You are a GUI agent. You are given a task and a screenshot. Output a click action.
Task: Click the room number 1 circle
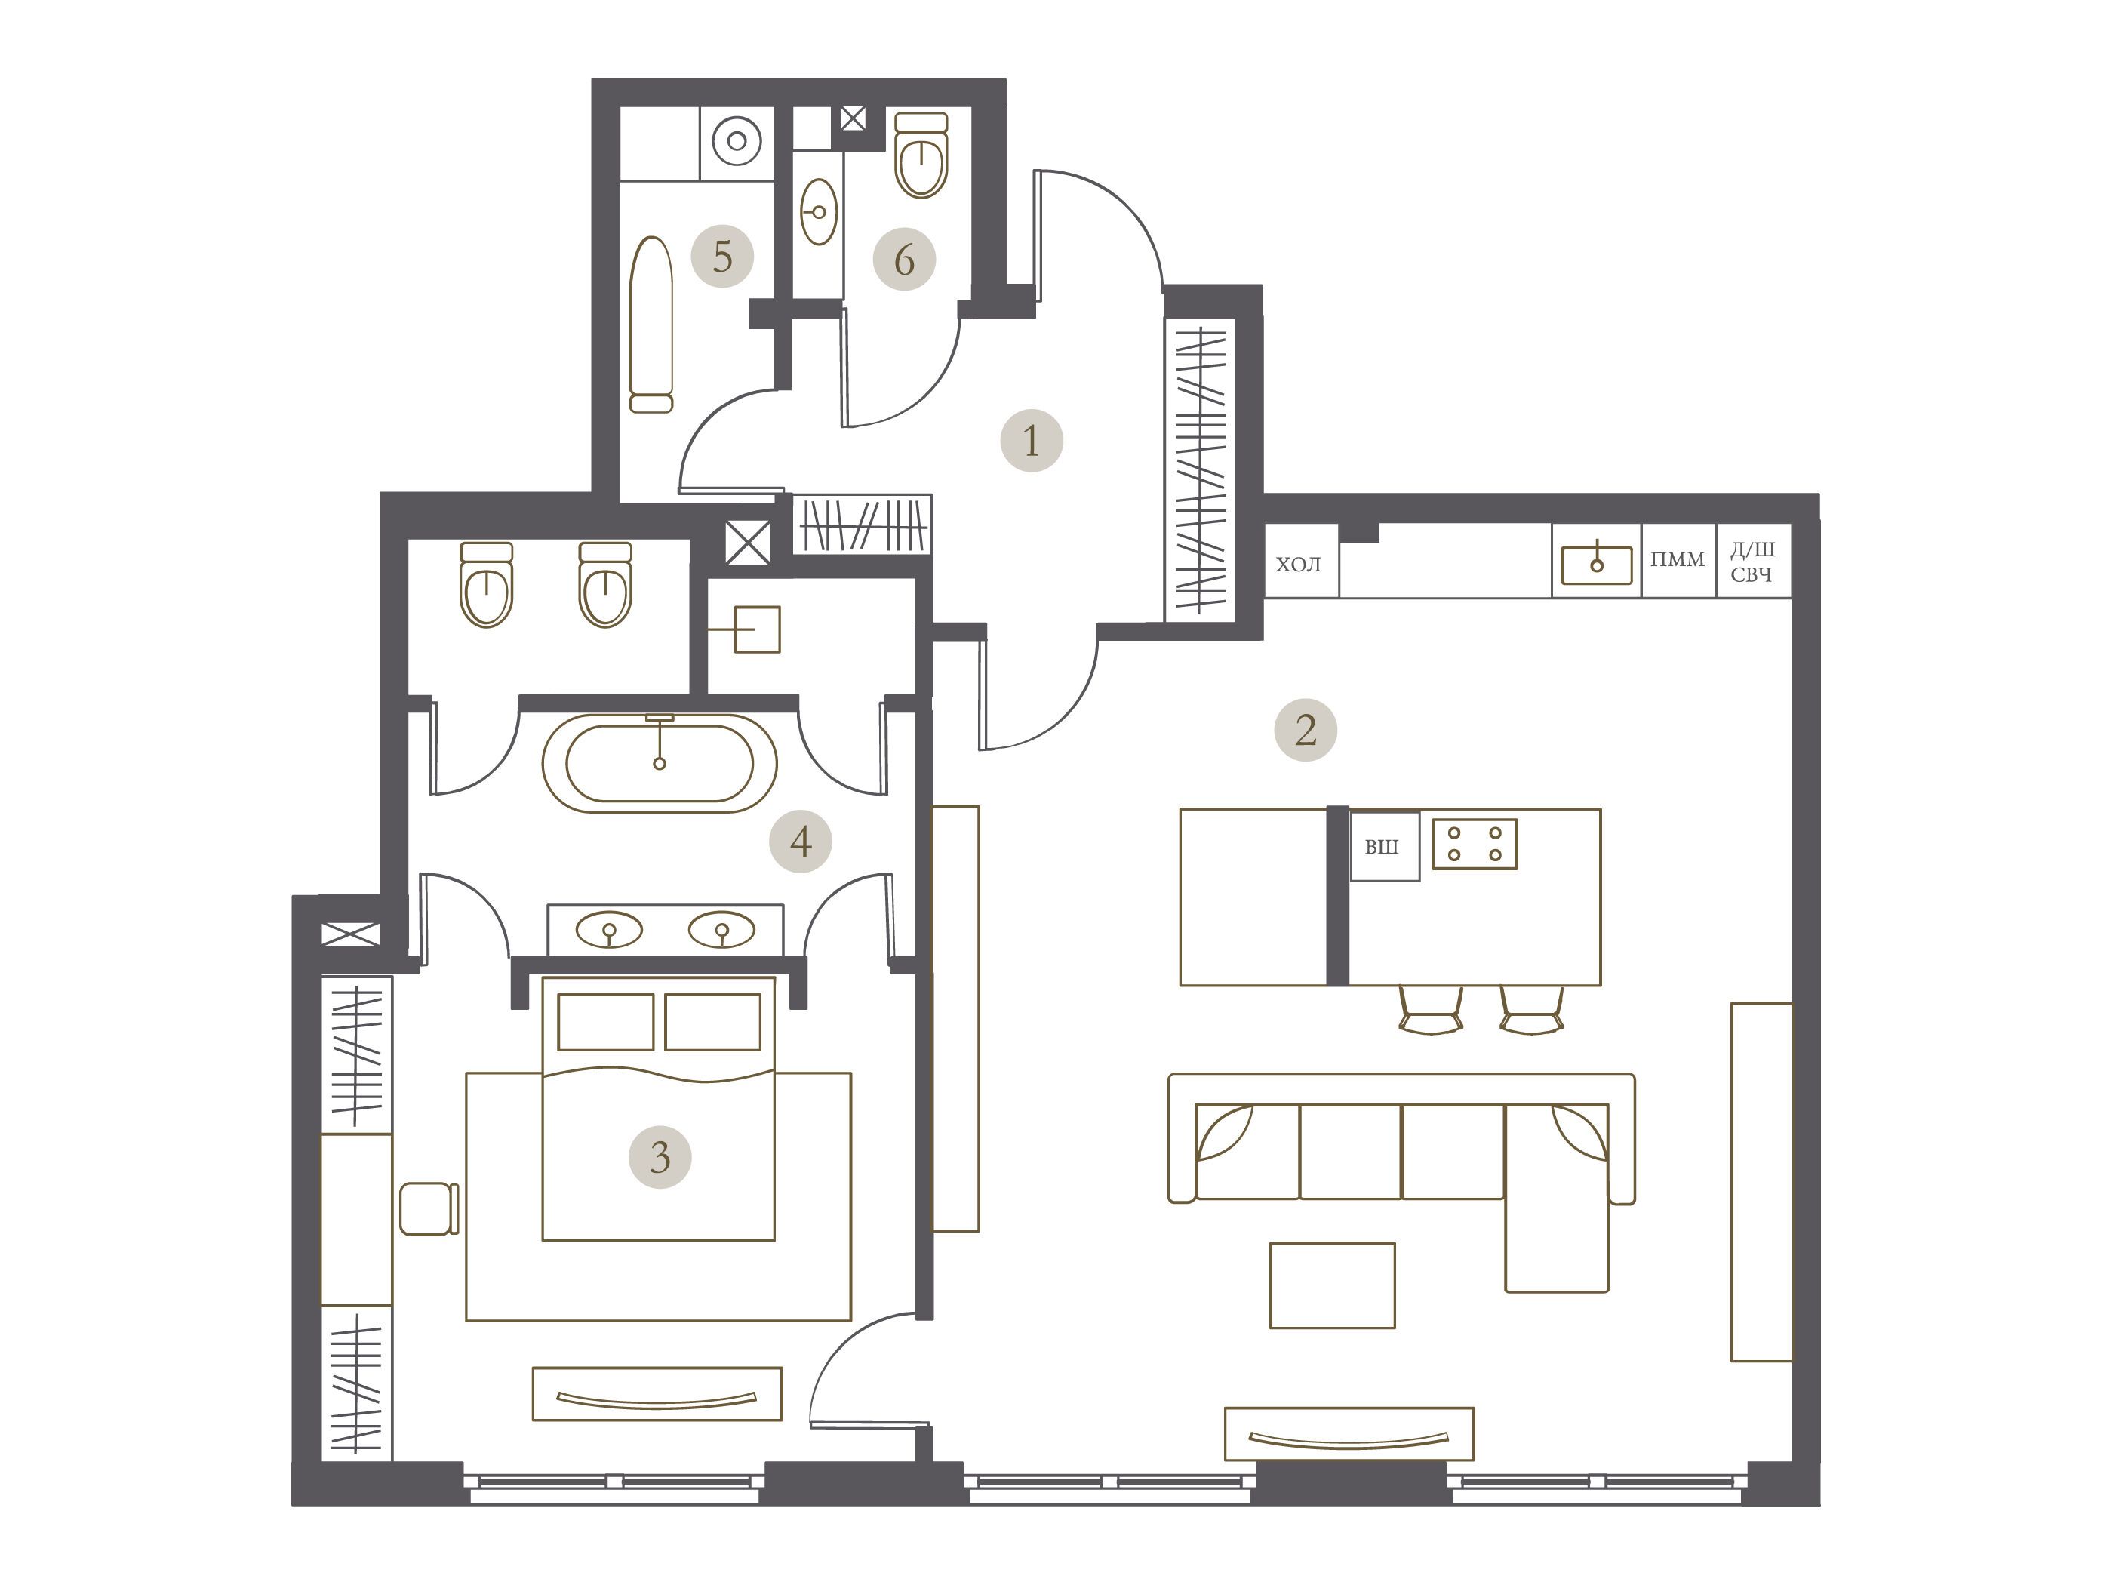click(1031, 442)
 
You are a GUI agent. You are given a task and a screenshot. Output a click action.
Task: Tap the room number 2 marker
click(1305, 731)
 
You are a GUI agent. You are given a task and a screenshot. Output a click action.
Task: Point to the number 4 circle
click(801, 842)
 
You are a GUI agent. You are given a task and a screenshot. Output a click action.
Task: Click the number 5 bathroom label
click(722, 256)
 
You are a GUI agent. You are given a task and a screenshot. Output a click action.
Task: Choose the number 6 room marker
click(903, 259)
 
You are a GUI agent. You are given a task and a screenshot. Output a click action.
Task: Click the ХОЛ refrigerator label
click(1298, 565)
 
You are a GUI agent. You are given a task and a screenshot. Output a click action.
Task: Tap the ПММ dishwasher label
click(1678, 560)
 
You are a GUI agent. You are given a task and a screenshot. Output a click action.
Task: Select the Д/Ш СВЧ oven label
click(1753, 563)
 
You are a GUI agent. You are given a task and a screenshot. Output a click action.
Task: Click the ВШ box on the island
click(1384, 847)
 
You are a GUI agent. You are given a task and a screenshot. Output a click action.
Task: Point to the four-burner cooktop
click(1474, 844)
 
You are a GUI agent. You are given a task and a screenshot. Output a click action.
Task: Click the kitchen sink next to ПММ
click(1596, 565)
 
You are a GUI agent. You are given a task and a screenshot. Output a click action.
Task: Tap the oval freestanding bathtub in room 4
click(659, 763)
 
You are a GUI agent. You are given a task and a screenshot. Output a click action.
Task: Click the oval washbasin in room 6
click(819, 212)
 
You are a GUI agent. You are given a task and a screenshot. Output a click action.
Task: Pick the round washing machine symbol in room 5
click(737, 141)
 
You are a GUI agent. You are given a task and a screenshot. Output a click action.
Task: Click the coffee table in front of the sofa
click(1332, 1285)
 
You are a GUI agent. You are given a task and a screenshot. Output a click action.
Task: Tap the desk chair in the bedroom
click(429, 1208)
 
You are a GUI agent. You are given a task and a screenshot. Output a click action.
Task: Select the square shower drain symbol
click(757, 629)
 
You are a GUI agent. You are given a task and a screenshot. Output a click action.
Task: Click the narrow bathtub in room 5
click(651, 325)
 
